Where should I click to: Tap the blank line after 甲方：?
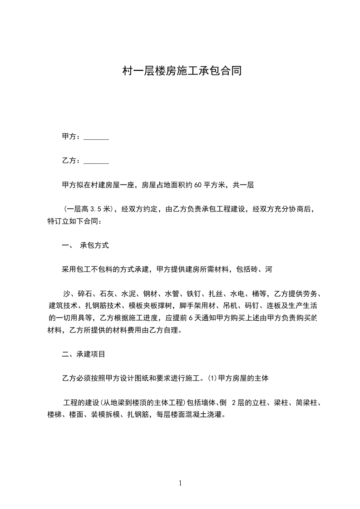click(x=96, y=137)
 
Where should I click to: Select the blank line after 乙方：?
click(x=96, y=161)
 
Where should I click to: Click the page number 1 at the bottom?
click(x=180, y=484)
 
